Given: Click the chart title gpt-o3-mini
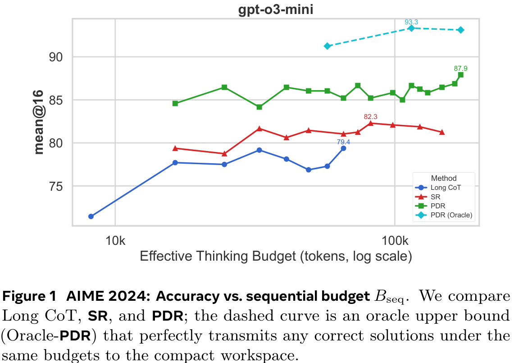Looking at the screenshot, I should pos(275,10).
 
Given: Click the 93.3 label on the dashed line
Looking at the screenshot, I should pos(411,22).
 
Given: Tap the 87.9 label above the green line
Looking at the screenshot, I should pos(460,69).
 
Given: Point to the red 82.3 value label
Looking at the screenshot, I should pos(370,117).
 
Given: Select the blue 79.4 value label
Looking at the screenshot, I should pos(343,142).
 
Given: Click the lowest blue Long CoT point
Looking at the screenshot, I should pos(91,216).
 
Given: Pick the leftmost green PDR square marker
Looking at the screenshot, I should pos(175,103).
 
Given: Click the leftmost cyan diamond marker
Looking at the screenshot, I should pos(328,46).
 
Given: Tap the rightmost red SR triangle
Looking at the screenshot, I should pos(442,132).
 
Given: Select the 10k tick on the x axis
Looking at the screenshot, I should pos(115,239).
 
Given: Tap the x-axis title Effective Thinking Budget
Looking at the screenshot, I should pos(276,257).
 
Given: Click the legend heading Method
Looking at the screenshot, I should pos(443,178).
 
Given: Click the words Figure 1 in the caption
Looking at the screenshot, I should pos(30,297).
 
